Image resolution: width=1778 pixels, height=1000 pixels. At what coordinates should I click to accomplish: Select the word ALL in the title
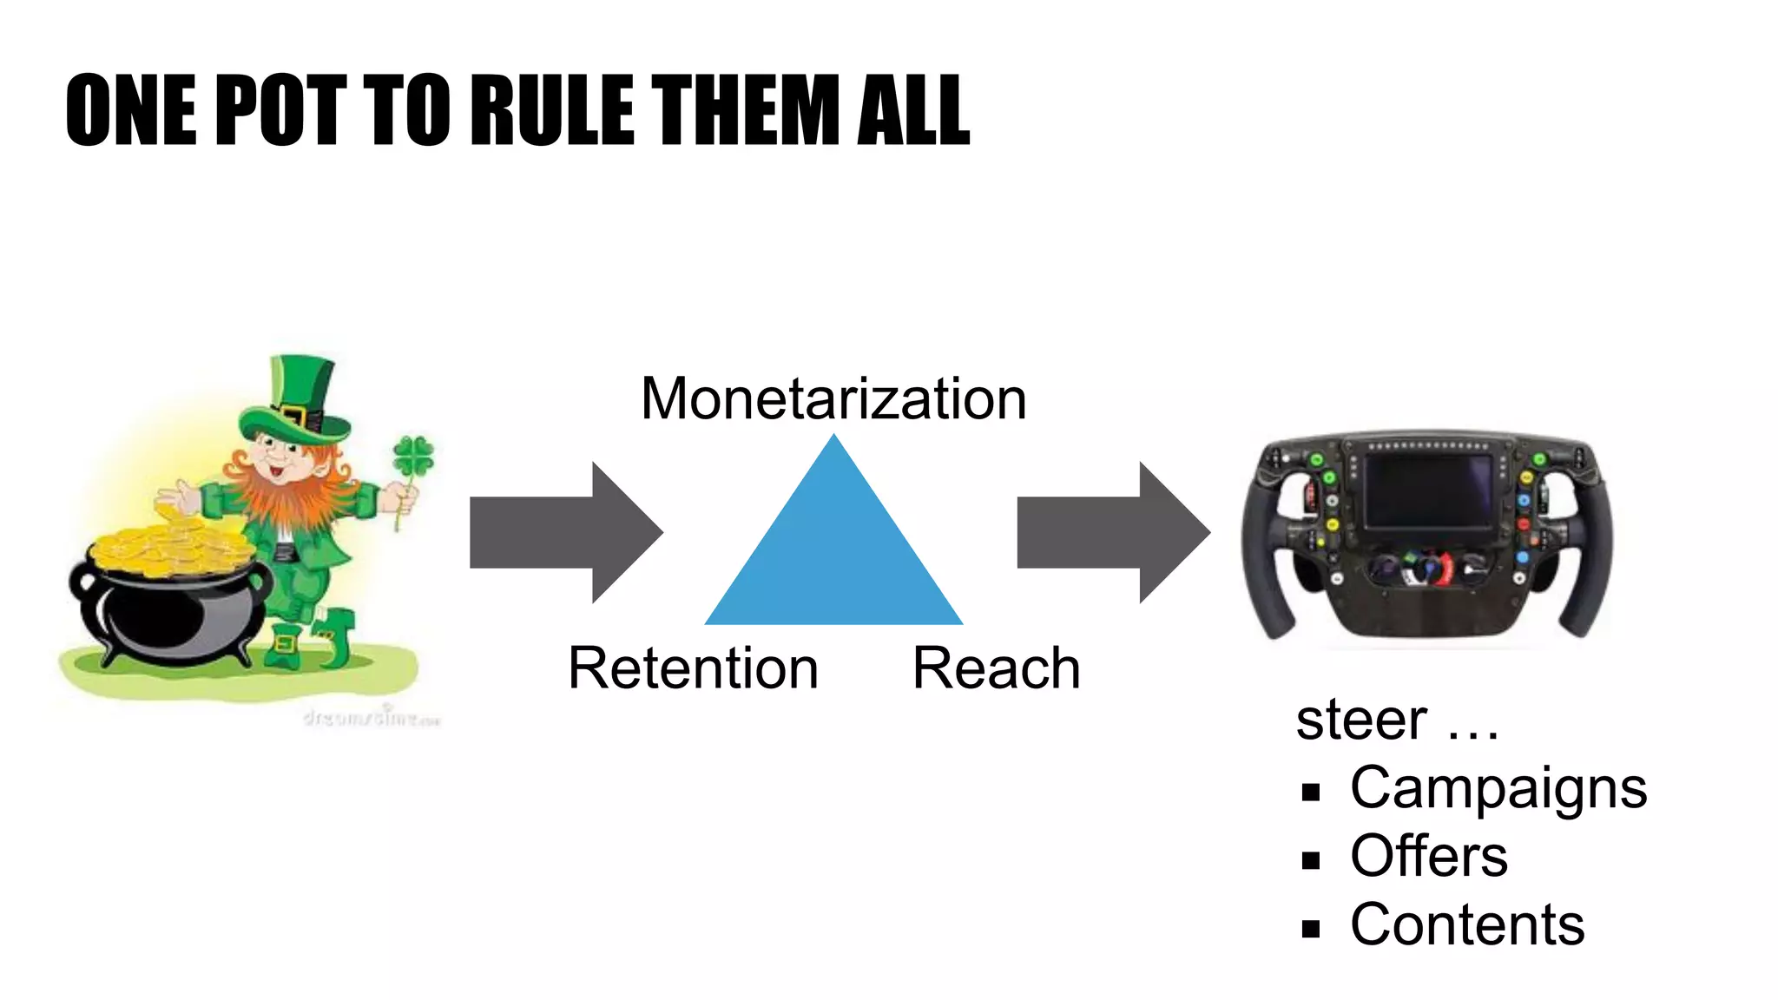coord(912,110)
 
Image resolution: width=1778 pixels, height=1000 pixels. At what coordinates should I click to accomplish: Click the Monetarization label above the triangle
coord(833,399)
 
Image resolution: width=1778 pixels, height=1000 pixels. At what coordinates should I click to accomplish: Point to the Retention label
coord(693,668)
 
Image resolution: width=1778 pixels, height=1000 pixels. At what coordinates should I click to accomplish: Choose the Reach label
coord(996,668)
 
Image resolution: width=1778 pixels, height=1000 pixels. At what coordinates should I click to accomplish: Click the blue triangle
coord(833,556)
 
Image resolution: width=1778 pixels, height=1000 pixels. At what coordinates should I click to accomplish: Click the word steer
coord(1361,720)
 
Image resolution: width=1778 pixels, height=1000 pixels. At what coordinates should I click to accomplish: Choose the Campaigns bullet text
coord(1498,788)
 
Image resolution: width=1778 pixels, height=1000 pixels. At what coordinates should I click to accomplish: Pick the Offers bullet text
coord(1429,857)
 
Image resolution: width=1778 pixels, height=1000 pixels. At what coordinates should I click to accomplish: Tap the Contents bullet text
coord(1467,924)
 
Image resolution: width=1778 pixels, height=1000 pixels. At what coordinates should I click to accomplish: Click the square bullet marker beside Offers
coord(1311,860)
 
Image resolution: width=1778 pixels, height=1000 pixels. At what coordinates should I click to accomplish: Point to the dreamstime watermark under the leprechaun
coord(372,718)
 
